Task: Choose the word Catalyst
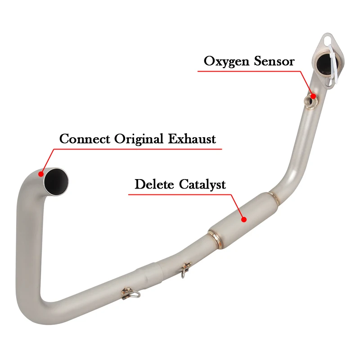pos(203,184)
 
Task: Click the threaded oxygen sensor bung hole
pos(310,98)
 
